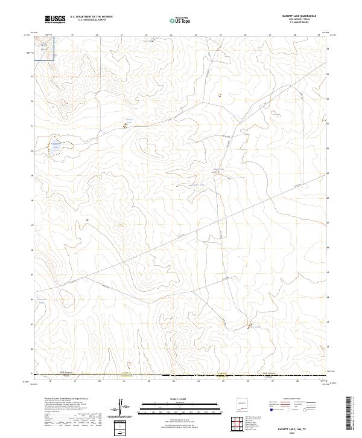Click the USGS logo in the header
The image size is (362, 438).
click(55, 19)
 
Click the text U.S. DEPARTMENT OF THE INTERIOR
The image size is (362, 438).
click(91, 17)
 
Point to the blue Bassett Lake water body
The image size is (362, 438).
click(56, 145)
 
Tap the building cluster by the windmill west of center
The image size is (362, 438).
click(125, 124)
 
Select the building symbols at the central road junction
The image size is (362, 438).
click(218, 173)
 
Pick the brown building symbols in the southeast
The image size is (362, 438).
click(249, 326)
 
